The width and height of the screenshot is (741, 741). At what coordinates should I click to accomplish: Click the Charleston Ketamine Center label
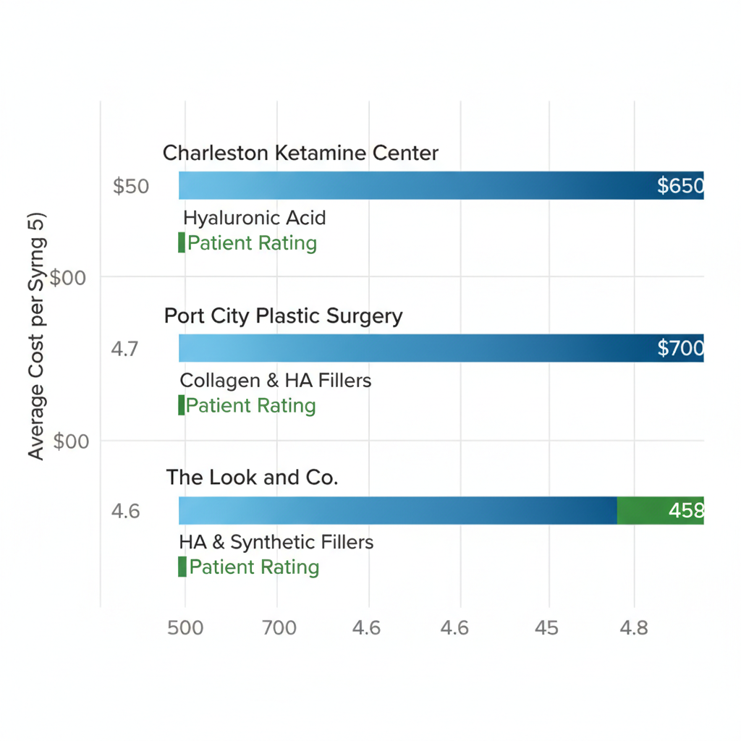click(300, 153)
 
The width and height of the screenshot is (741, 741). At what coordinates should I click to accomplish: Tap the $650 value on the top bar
click(680, 186)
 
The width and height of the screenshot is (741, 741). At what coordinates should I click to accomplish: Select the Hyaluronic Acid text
click(254, 218)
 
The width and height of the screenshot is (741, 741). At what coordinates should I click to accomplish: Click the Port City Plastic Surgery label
click(283, 316)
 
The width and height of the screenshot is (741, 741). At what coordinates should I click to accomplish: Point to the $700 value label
click(680, 349)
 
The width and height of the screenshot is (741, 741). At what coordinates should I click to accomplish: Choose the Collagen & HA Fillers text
click(275, 380)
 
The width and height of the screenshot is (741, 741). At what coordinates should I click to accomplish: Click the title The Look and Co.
click(252, 478)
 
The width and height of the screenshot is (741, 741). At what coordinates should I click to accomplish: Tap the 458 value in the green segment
click(685, 511)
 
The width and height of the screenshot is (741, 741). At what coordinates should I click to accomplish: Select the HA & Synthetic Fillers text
click(276, 542)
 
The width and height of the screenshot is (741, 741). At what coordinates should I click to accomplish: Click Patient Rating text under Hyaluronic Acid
click(252, 243)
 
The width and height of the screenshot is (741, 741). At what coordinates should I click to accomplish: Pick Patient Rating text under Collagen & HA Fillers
click(250, 405)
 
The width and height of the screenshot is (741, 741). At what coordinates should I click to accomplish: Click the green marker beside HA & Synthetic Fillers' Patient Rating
click(182, 567)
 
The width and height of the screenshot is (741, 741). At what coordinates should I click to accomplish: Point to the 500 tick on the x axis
click(185, 627)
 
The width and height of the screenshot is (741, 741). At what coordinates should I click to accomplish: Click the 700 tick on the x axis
click(279, 627)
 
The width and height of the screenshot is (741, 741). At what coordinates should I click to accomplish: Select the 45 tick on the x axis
click(547, 627)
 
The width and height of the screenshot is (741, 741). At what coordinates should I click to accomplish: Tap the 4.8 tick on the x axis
click(634, 627)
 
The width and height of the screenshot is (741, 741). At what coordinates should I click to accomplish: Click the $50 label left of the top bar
click(131, 187)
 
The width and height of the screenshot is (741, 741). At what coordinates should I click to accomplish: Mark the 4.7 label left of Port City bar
click(125, 349)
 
